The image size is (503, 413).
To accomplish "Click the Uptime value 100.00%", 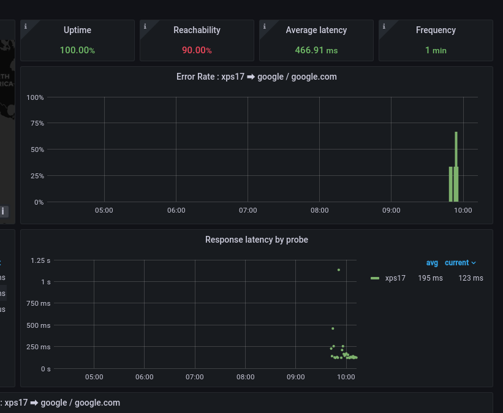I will coord(77,50).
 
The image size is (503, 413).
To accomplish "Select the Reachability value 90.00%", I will coord(197,50).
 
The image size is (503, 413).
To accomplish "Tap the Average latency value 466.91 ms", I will coord(316,50).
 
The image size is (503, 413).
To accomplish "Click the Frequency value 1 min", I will coord(436,50).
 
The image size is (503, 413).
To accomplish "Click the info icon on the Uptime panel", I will coord(25,26).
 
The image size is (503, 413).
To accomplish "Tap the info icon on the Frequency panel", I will coord(384,26).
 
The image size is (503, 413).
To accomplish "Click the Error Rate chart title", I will coord(256,77).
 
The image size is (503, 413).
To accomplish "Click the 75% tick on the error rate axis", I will coord(36,123).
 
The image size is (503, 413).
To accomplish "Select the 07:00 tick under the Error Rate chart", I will coord(248,210).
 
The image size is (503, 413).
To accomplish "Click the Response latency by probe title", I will coord(256,240).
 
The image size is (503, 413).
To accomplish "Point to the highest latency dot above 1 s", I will coord(338,270).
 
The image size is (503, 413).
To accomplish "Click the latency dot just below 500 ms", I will coord(333,328).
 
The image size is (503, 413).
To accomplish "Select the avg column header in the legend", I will coord(432,263).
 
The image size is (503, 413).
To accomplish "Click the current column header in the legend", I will coord(457,263).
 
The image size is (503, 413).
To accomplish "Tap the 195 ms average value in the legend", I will coord(430,278).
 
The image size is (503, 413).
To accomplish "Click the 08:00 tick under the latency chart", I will coord(245,377).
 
